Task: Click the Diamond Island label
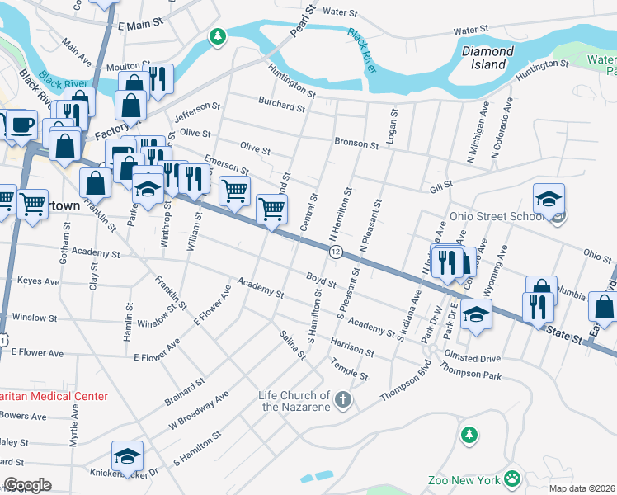point(487,57)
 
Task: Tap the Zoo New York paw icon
point(512,478)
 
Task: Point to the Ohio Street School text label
point(501,218)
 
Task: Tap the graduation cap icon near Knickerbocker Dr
point(127,456)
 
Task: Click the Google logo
point(27,485)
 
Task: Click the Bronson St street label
point(356,144)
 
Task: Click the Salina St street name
point(293,345)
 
